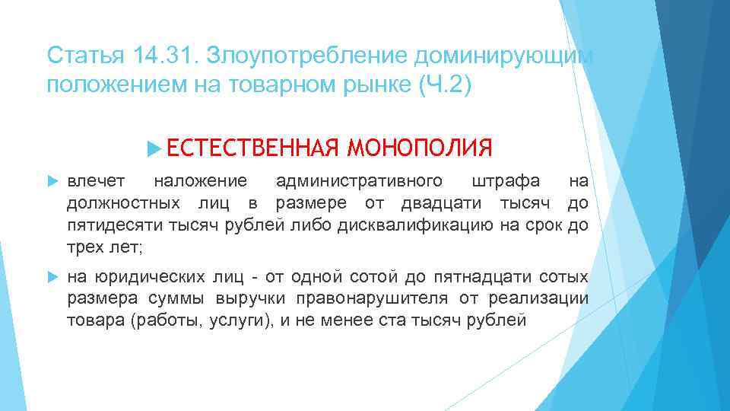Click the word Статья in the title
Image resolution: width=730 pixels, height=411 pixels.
[x=77, y=55]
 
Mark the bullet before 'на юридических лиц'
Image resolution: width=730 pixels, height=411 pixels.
[x=52, y=276]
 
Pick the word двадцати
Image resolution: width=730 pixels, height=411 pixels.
[x=436, y=203]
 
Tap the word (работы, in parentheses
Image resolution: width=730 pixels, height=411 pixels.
[x=167, y=320]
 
